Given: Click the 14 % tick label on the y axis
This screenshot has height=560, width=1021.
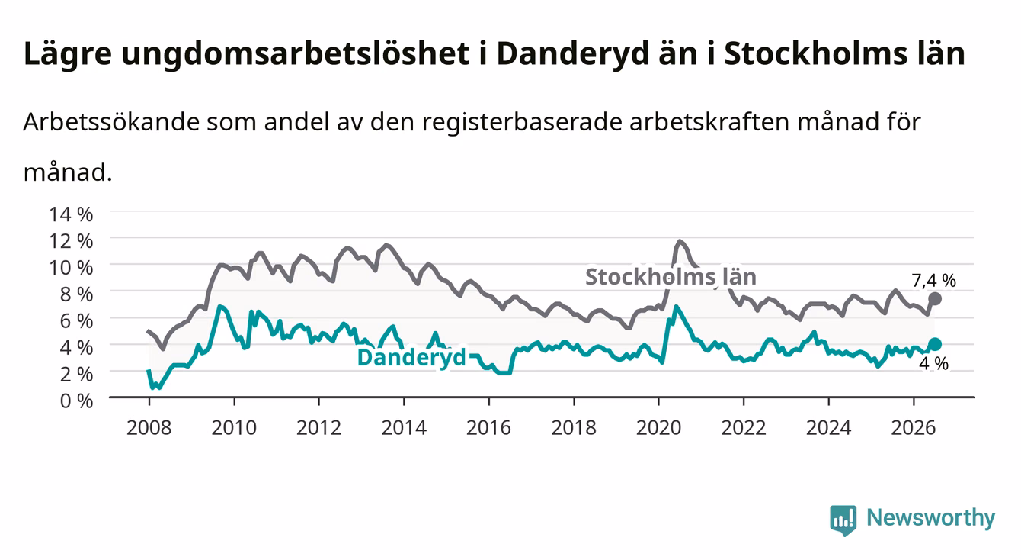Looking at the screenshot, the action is coord(71,214).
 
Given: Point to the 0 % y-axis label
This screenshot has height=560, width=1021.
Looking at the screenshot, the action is coord(76,401).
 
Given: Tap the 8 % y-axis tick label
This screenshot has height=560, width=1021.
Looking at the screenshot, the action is coord(76,294).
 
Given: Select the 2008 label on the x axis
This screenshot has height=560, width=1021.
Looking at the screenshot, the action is coord(149,428).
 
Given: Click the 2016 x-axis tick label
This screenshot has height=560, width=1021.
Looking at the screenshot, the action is coord(488,428).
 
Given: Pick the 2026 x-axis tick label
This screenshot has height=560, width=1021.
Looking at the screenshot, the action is coord(914,428).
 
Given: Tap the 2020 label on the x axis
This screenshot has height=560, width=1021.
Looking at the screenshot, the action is coord(658,428).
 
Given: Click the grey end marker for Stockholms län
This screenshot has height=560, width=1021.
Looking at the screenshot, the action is coord(935,299).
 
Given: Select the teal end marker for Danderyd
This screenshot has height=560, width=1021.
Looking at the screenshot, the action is coord(935,344).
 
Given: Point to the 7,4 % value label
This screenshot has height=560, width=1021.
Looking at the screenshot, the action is coord(933,281).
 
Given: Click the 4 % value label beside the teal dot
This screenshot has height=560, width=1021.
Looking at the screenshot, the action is coord(933,364).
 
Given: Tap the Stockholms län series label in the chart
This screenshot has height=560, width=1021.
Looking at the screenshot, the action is coord(671,277).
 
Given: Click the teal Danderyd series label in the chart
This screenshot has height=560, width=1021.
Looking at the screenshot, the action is coord(411,357).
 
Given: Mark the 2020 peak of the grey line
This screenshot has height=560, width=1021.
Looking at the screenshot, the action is coord(680,240).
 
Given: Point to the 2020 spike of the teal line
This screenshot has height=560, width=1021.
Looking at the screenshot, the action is coord(676,306).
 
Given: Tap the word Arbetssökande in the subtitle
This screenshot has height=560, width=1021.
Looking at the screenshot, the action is coord(111,122).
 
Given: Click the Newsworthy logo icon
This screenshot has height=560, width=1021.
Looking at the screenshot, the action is coord(843,520).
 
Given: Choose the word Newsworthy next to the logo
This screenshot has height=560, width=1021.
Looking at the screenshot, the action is coord(931,518).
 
